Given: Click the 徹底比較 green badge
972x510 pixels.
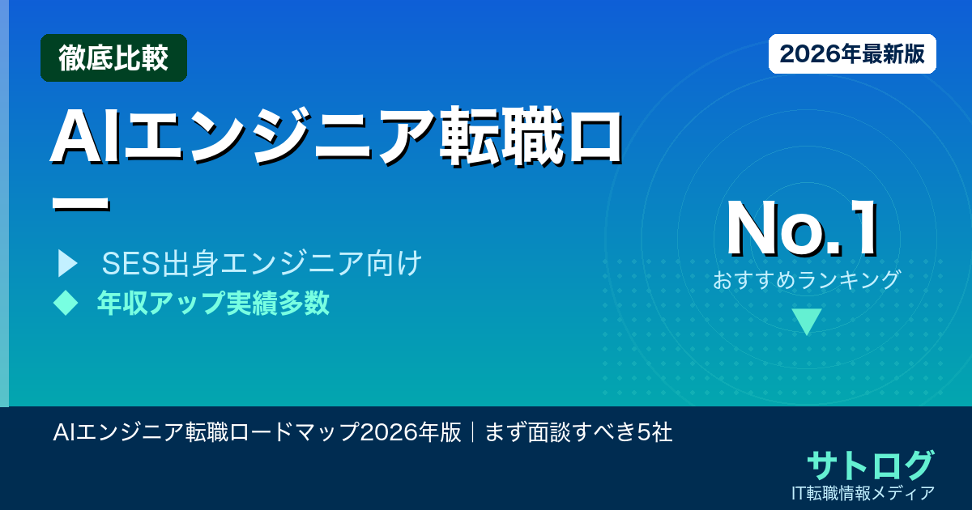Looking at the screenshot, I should coord(113,58).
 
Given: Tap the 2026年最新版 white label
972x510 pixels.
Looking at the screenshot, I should coord(852,54).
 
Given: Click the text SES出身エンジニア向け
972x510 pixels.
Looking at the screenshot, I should coord(262,263).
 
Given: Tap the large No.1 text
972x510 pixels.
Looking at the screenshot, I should coord(803,230).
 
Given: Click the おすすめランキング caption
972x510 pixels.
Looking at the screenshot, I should coord(806,280).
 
